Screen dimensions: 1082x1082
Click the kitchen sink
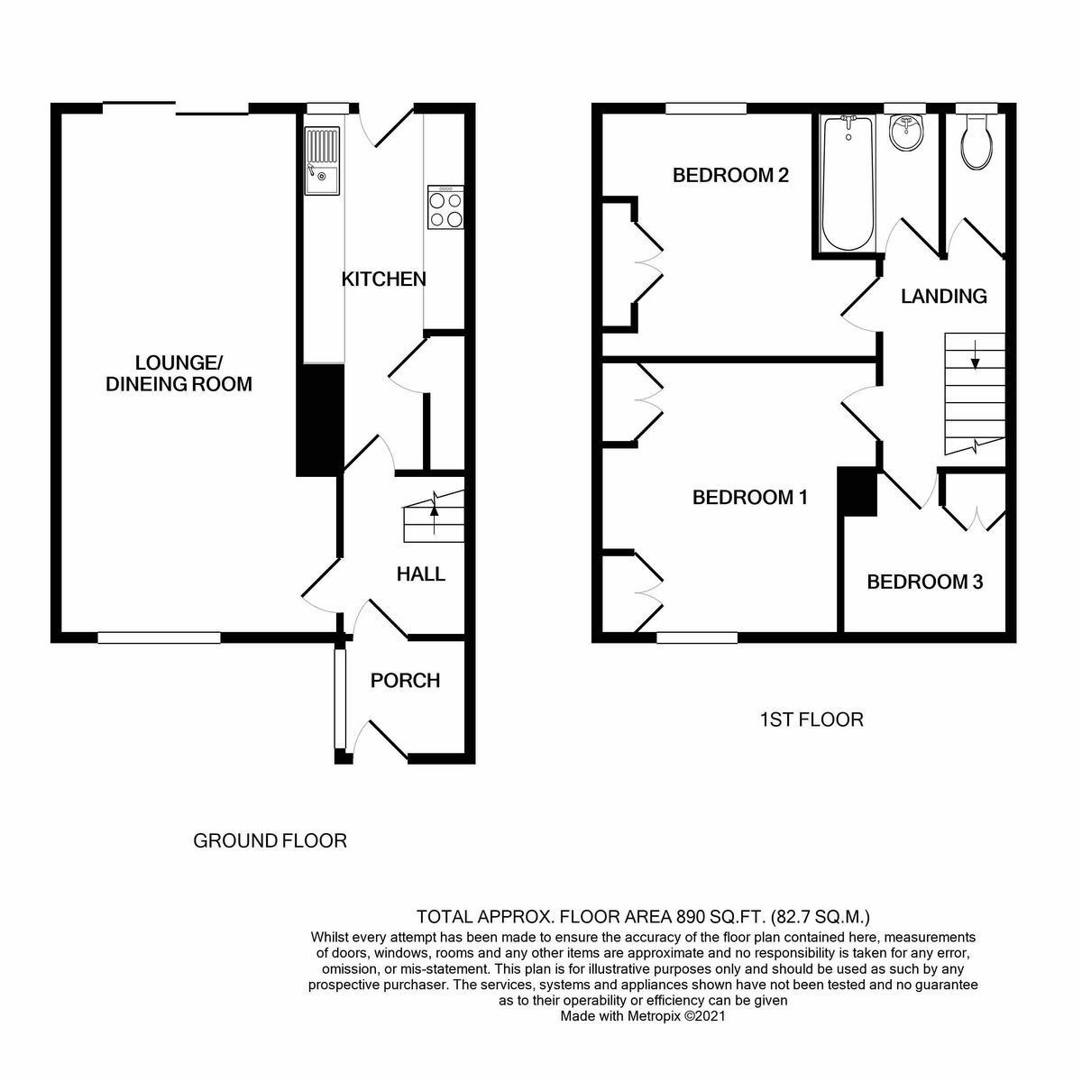[322, 160]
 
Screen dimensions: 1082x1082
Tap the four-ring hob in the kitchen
[445, 207]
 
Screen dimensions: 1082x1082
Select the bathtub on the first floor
[848, 183]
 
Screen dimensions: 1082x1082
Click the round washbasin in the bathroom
[906, 133]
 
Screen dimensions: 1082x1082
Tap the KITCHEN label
[384, 279]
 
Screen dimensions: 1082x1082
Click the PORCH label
[405, 681]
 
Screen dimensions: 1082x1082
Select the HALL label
[421, 573]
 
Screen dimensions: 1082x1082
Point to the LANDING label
[944, 297]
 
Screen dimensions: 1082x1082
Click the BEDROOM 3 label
[925, 582]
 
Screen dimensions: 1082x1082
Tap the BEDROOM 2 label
[730, 175]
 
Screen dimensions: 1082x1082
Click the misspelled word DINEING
[143, 384]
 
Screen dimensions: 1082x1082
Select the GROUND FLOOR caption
[270, 840]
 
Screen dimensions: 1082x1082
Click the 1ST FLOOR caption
[811, 720]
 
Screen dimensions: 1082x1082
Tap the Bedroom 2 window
[706, 108]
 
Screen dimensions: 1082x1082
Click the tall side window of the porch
[340, 699]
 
